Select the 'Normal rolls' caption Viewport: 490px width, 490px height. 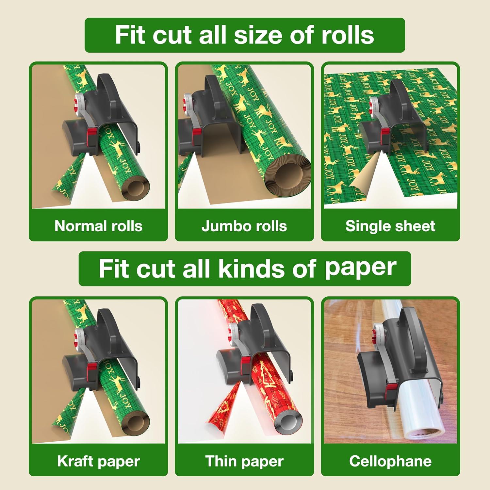click(98, 226)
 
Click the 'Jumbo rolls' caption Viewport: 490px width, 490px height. click(244, 226)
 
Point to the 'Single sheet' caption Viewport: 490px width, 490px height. click(390, 226)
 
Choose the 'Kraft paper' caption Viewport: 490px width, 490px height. click(98, 461)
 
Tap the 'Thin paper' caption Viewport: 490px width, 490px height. click(244, 461)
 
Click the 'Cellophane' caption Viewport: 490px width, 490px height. click(390, 461)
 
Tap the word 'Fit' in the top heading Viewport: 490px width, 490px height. click(129, 35)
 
